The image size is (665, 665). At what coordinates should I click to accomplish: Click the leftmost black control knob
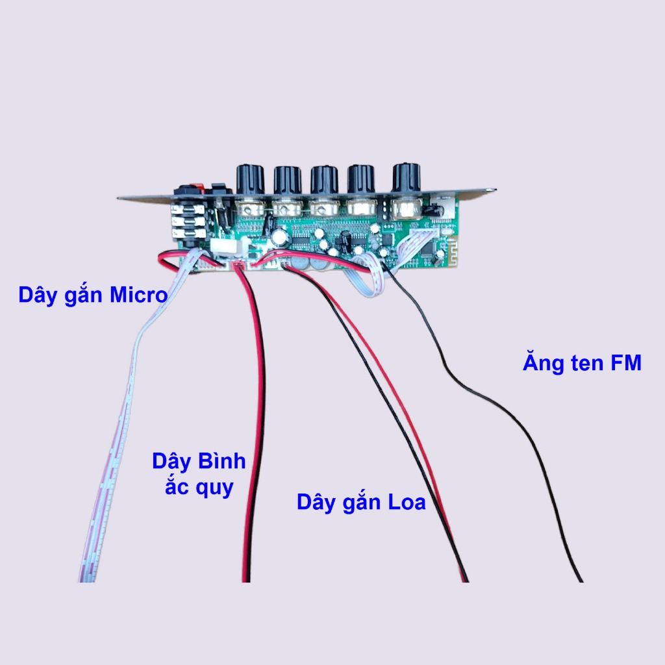point(249,179)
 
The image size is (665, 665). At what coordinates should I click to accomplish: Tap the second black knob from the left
point(288,180)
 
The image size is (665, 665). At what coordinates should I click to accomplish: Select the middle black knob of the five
point(324,180)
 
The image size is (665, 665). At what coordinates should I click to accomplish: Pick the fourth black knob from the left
point(362,180)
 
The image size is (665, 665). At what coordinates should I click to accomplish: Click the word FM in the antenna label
point(625,362)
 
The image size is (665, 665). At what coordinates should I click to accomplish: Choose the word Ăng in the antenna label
point(542,362)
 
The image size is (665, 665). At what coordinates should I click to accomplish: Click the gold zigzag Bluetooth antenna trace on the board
point(449,255)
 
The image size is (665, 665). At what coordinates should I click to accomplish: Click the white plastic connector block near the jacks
point(223,247)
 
